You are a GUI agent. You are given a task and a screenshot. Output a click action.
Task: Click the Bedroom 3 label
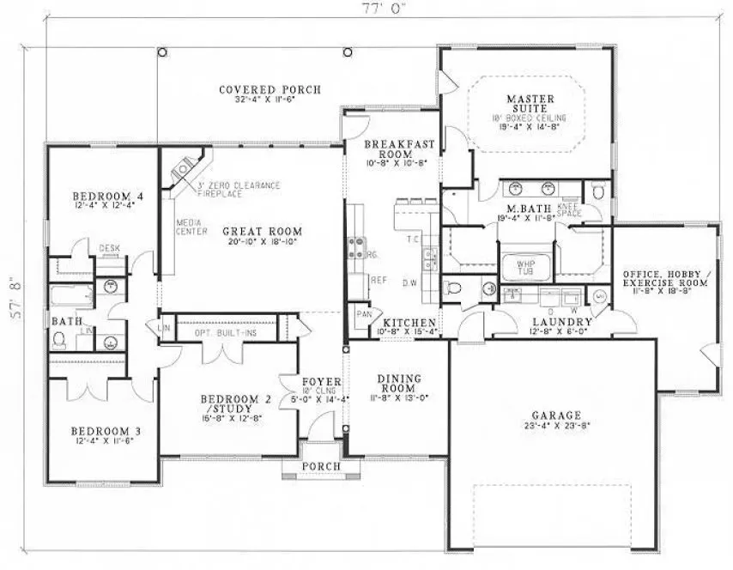point(102,430)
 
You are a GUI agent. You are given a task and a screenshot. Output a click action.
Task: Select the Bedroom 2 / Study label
point(229,404)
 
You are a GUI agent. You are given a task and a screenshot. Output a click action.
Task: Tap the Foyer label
point(322,381)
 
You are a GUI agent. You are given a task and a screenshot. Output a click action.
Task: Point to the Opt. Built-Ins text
point(227,331)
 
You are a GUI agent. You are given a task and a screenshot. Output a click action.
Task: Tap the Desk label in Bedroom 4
point(108,248)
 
